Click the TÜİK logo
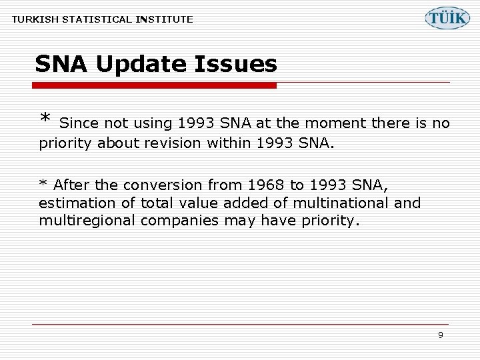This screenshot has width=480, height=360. (447, 17)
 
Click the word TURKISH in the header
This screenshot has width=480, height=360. (34, 19)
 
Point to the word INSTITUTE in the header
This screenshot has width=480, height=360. (164, 19)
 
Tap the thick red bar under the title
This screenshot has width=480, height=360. (154, 85)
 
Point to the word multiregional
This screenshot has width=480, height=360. (87, 221)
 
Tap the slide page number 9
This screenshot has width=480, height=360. (440, 335)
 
